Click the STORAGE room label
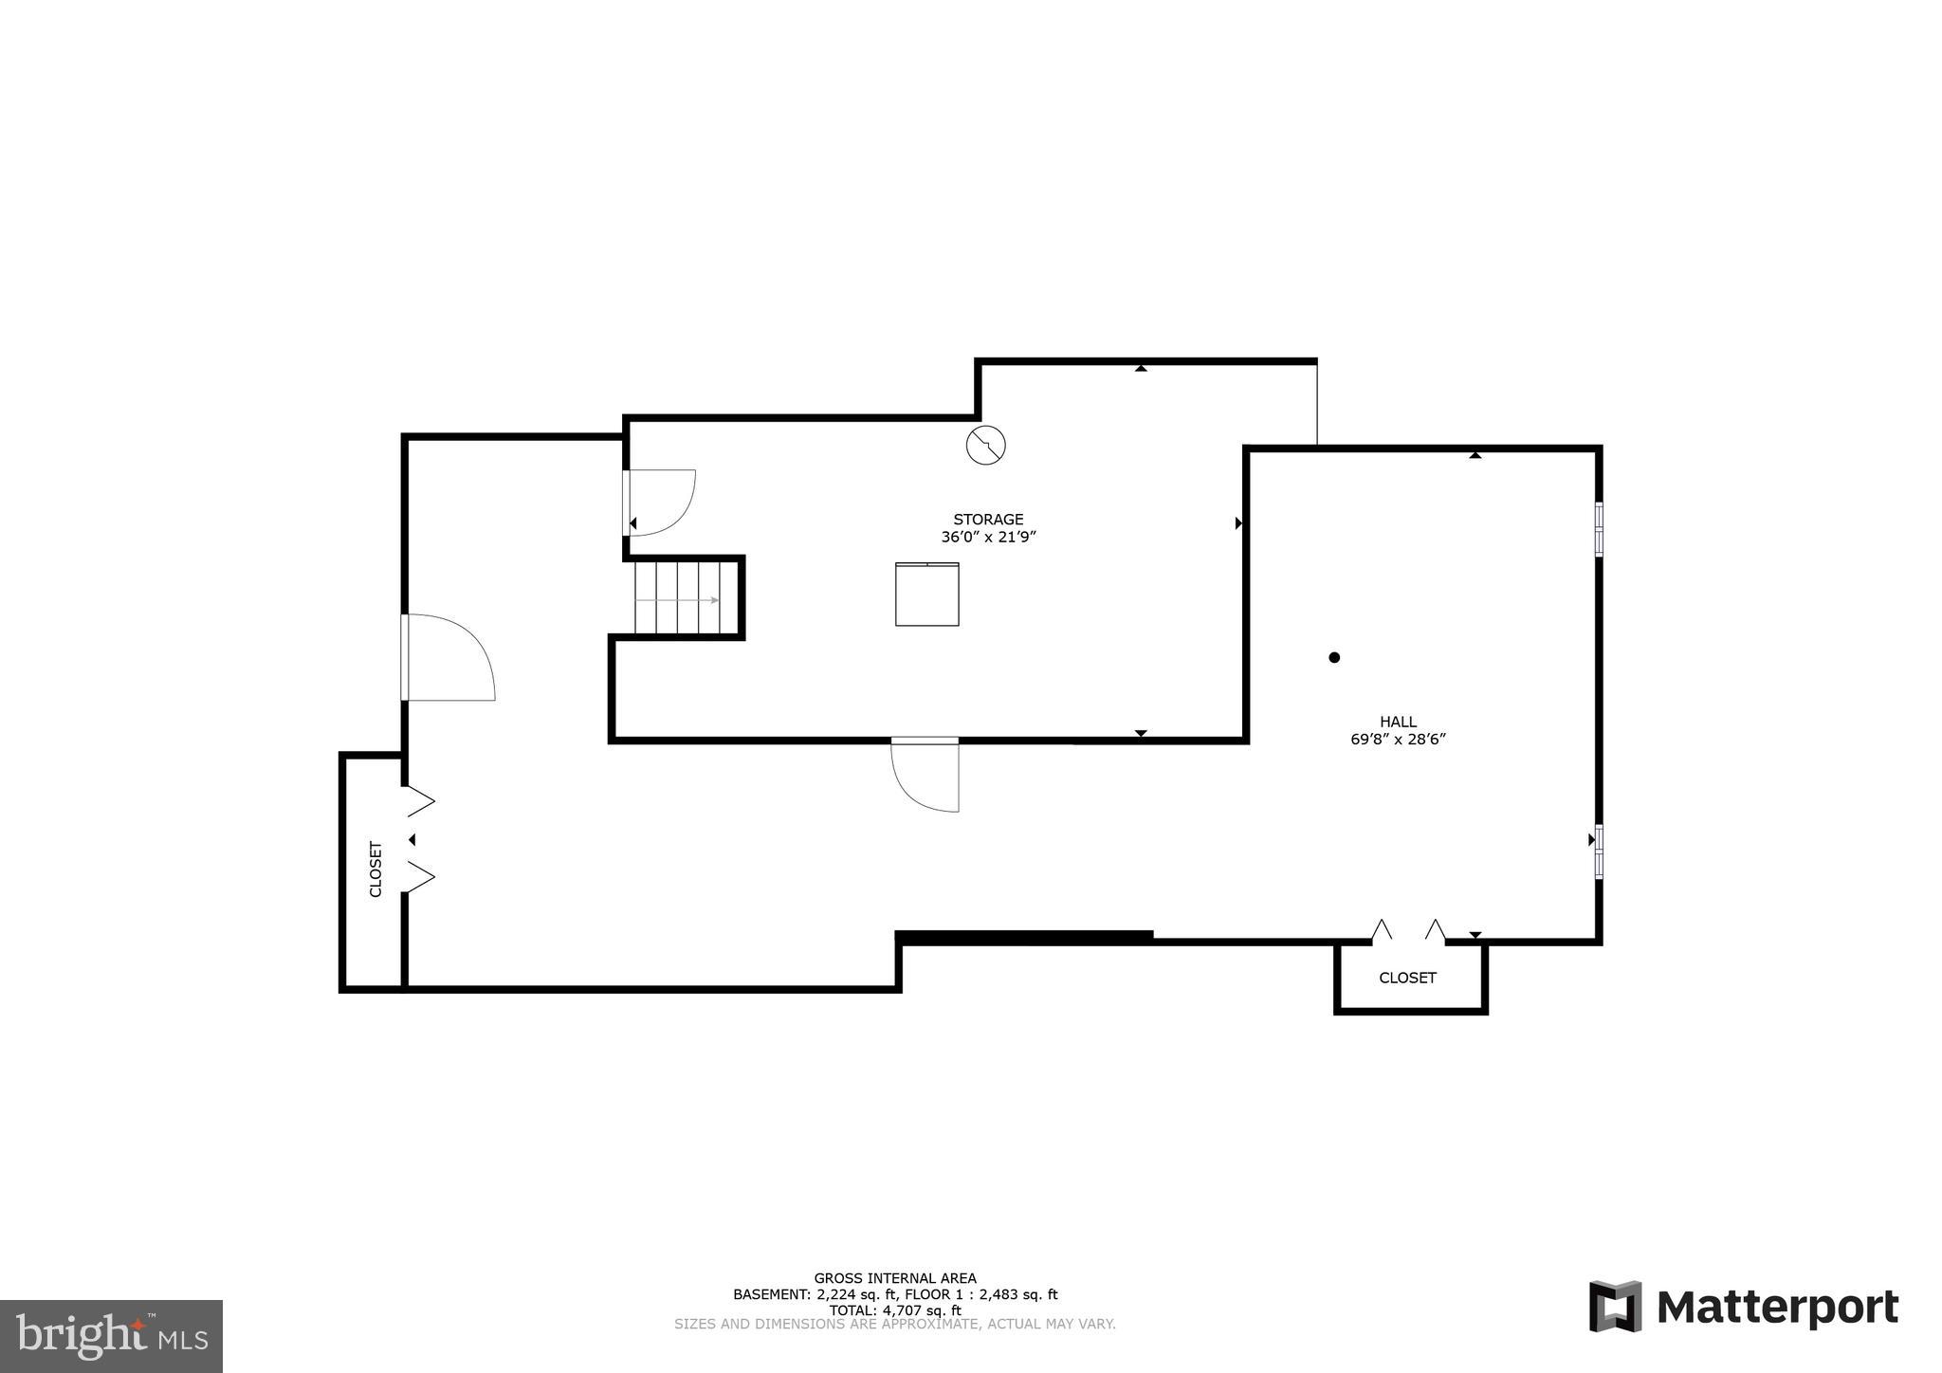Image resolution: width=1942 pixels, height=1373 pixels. click(988, 520)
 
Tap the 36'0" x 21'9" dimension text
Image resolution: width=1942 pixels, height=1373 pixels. click(988, 538)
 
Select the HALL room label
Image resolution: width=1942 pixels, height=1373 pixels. click(1398, 723)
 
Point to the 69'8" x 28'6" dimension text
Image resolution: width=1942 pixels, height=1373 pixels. click(1398, 740)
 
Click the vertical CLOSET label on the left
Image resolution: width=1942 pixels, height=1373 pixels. click(376, 870)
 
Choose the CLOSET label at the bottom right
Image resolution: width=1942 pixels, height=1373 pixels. click(1407, 978)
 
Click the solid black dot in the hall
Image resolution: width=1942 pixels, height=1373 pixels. click(1334, 657)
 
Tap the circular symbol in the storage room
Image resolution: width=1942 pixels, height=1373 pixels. click(985, 445)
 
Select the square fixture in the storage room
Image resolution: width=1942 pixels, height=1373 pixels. click(926, 595)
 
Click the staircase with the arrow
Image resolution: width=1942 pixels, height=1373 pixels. click(685, 598)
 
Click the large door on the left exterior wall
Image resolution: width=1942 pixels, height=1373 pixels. click(448, 657)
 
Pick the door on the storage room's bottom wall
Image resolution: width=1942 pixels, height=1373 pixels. click(925, 774)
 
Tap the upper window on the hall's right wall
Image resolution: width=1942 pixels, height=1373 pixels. click(1599, 528)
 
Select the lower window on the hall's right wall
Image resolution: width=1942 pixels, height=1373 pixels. click(1599, 851)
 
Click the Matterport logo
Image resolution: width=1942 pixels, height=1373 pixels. click(1743, 1307)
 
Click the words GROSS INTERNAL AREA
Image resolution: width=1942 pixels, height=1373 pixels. click(894, 1278)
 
